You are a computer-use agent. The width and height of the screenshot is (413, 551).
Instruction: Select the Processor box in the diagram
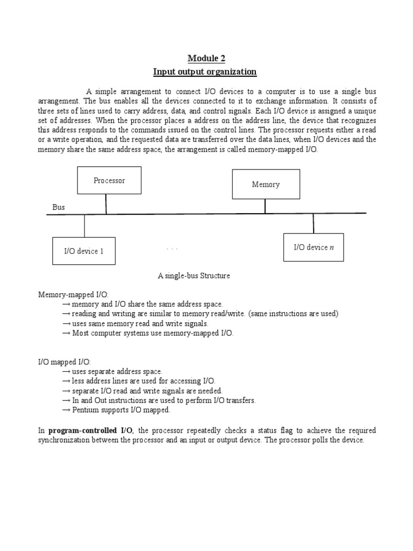(x=109, y=180)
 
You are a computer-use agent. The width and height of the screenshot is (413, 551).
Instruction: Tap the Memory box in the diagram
(x=266, y=184)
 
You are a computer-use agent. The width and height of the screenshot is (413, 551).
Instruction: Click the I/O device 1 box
(x=83, y=251)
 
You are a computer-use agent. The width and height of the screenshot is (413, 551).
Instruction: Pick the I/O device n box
(x=314, y=248)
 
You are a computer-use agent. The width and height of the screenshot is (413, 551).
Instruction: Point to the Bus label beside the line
(x=58, y=207)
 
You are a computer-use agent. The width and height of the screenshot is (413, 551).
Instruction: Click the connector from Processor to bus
(x=106, y=203)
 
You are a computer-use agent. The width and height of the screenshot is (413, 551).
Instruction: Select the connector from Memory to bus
(x=265, y=206)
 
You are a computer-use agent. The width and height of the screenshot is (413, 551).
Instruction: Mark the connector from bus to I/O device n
(x=314, y=223)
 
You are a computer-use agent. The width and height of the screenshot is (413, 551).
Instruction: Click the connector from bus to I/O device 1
(x=84, y=225)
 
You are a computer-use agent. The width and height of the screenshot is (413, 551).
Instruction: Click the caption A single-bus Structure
(x=194, y=276)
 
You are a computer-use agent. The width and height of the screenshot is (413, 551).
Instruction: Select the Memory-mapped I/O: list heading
(x=73, y=295)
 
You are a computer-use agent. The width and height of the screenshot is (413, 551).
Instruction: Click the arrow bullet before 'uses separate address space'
(x=66, y=372)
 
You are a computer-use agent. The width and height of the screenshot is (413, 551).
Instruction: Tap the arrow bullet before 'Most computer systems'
(x=66, y=334)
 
